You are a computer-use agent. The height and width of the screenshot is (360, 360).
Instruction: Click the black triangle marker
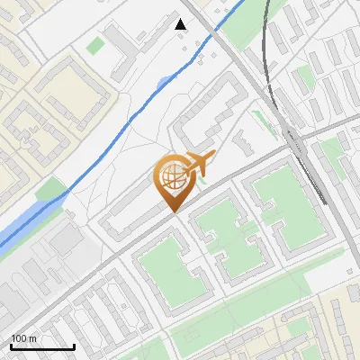tap(181, 24)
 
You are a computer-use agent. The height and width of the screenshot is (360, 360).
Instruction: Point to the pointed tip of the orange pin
tap(172, 211)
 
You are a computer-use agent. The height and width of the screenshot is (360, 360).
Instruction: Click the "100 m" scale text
tap(24, 337)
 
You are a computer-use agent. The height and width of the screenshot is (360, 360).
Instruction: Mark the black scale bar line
tap(42, 346)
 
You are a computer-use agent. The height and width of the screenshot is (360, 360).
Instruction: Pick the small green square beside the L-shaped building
tap(95, 43)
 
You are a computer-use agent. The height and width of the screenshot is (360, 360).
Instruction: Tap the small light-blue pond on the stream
tap(162, 83)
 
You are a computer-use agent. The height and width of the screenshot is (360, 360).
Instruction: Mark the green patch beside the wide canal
tap(51, 190)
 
